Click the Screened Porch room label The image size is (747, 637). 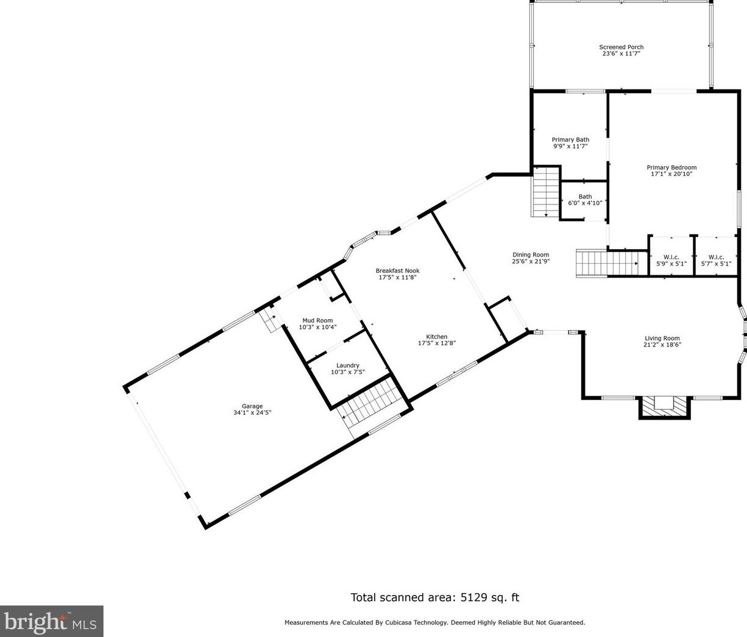pyautogui.click(x=621, y=47)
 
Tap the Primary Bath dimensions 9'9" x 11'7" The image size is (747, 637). pyautogui.click(x=570, y=146)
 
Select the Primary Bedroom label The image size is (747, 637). pyautogui.click(x=671, y=167)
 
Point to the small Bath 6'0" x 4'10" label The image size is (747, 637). pyautogui.click(x=585, y=200)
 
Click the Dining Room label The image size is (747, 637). pyautogui.click(x=531, y=255)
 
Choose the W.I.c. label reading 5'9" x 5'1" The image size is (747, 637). pyautogui.click(x=671, y=261)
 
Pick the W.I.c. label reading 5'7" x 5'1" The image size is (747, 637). pyautogui.click(x=716, y=261)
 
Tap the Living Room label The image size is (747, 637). pyautogui.click(x=662, y=339)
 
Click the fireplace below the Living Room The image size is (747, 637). pyautogui.click(x=664, y=407)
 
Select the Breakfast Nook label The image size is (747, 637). pyautogui.click(x=397, y=270)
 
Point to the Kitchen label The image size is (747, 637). pyautogui.click(x=437, y=337)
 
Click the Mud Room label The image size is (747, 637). pyautogui.click(x=317, y=320)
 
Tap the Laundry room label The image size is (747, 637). pyautogui.click(x=348, y=365)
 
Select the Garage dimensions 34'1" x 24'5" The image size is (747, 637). pyautogui.click(x=252, y=412)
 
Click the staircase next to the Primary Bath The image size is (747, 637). pyautogui.click(x=546, y=192)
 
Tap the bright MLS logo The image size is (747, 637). pyautogui.click(x=51, y=621)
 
